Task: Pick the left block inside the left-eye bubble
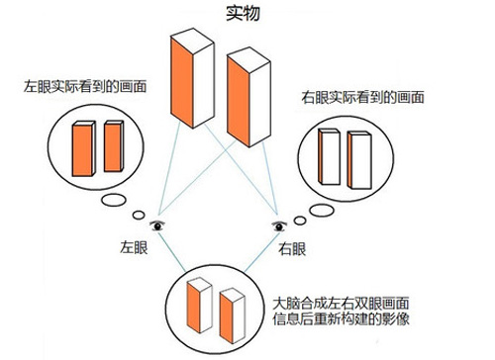click(84, 145)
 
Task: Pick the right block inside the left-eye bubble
click(113, 145)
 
